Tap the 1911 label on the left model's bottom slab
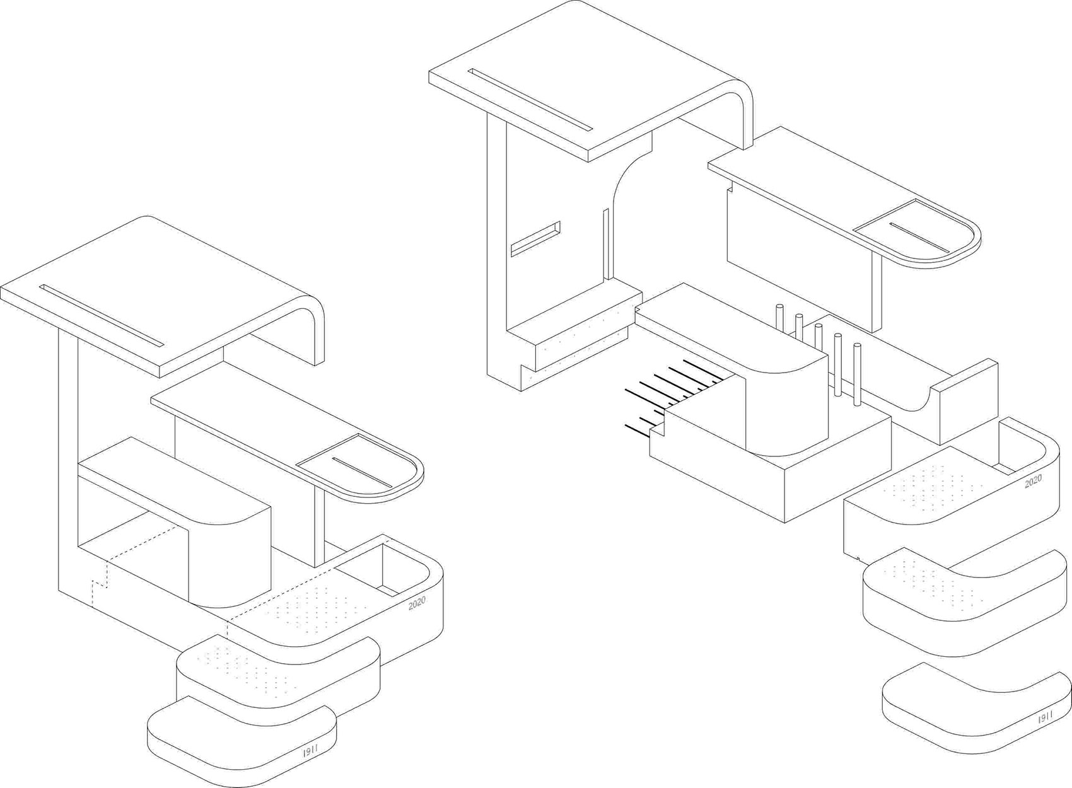click(x=311, y=753)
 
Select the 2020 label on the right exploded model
click(x=1034, y=482)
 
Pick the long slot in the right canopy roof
click(x=530, y=100)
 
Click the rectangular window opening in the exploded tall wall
click(x=535, y=239)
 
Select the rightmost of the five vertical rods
click(x=857, y=373)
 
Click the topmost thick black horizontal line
click(x=704, y=370)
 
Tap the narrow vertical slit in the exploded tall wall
click(x=606, y=244)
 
